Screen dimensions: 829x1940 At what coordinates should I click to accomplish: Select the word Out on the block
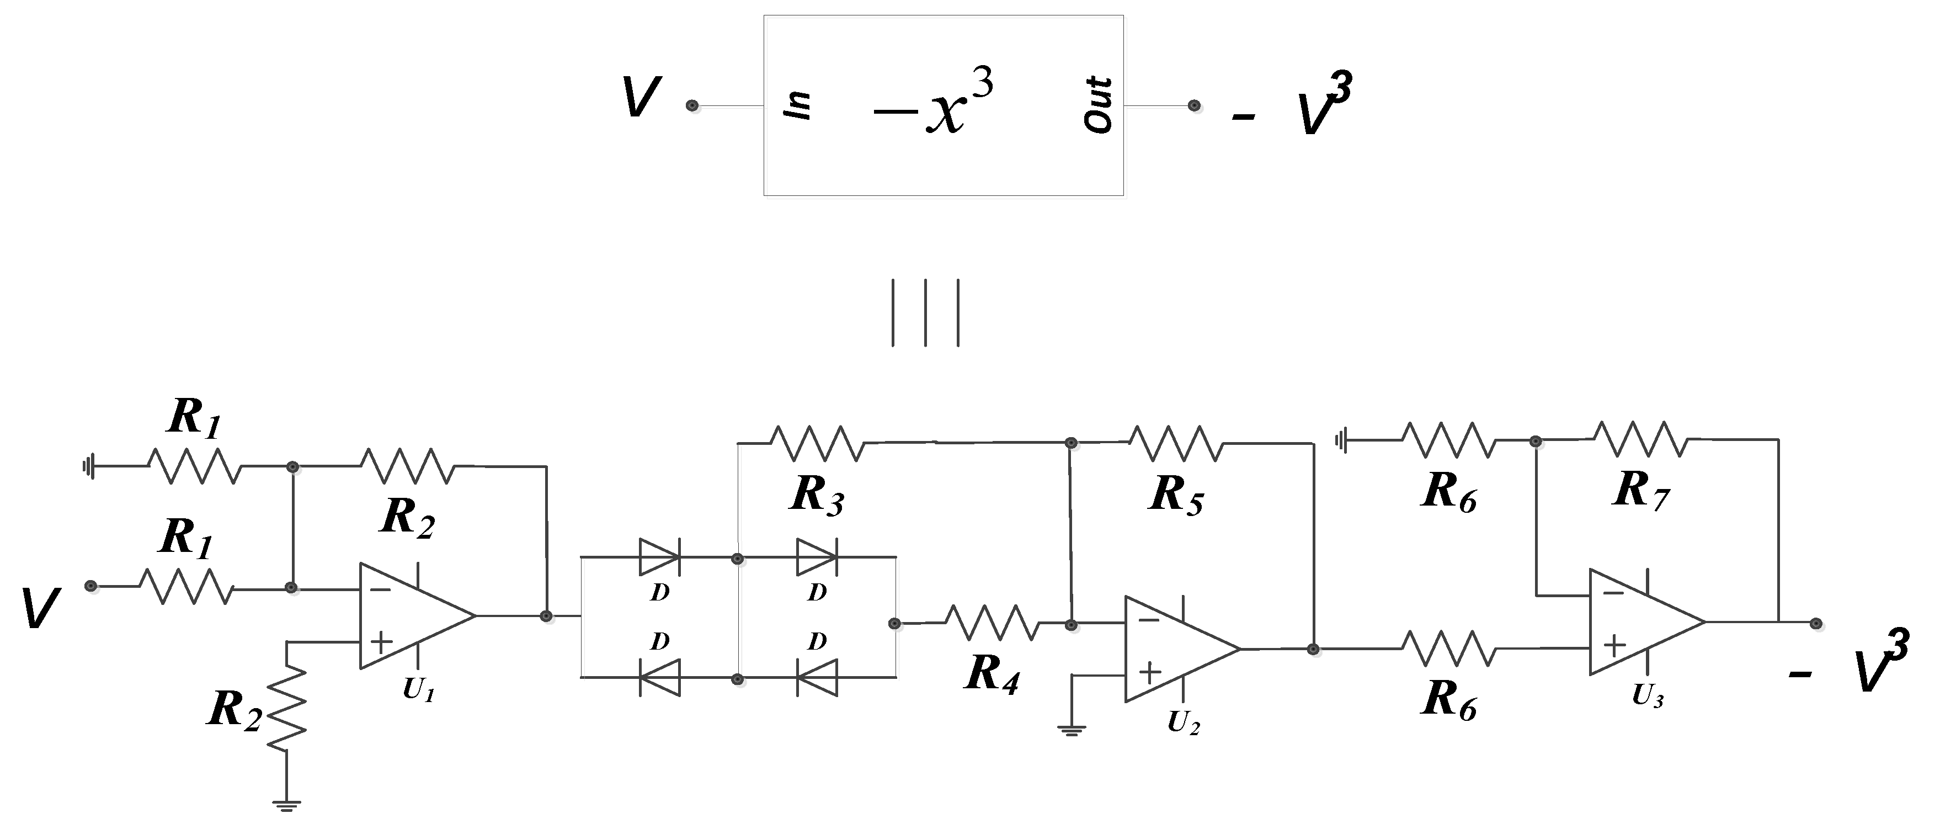[1098, 105]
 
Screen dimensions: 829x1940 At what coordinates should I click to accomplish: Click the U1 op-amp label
[419, 689]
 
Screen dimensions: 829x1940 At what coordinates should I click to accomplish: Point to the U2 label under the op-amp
[1183, 724]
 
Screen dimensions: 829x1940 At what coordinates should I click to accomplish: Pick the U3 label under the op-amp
[1647, 697]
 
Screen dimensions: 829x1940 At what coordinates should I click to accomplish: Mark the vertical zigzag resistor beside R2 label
[287, 709]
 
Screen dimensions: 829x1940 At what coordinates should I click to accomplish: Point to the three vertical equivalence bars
[925, 313]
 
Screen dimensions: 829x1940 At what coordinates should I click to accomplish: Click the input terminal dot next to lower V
[91, 586]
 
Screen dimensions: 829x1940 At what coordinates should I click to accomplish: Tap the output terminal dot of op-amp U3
[1816, 623]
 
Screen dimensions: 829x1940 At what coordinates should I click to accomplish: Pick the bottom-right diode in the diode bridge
[817, 678]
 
